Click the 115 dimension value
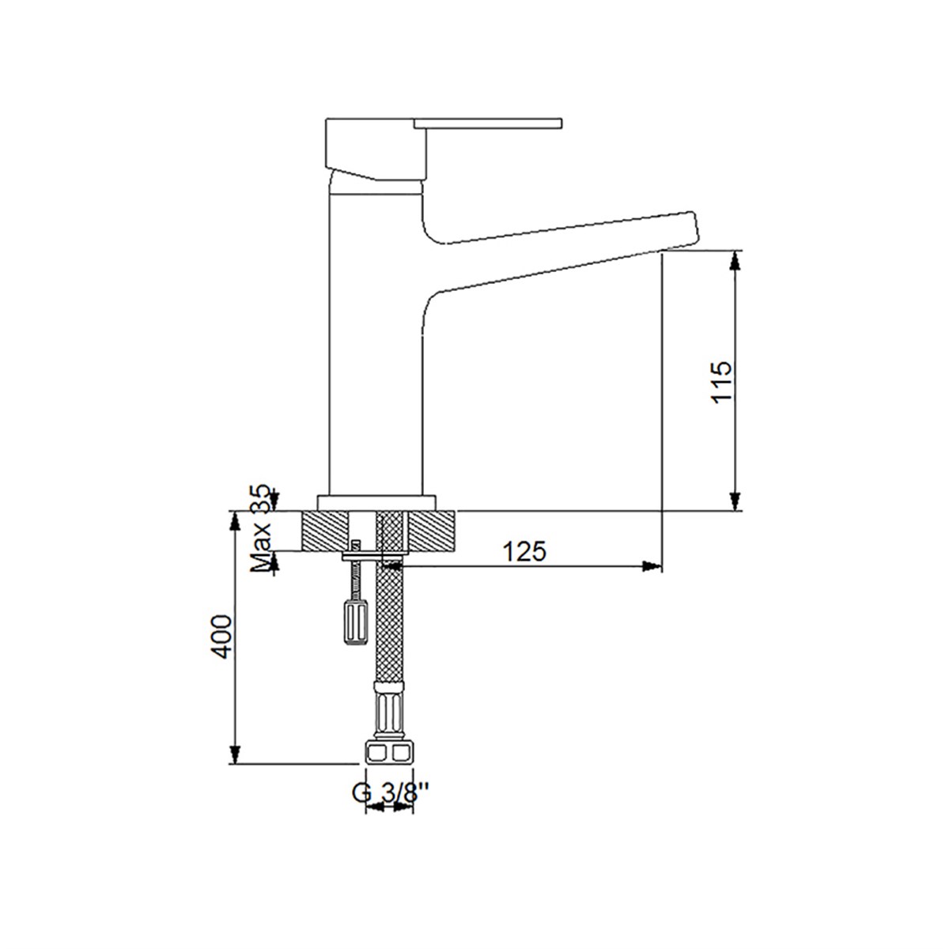pos(721,382)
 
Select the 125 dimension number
pos(524,551)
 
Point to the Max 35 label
pos(261,529)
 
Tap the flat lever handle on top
pos(488,123)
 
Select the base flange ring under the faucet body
pos(376,502)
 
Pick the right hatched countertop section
pos(432,531)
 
